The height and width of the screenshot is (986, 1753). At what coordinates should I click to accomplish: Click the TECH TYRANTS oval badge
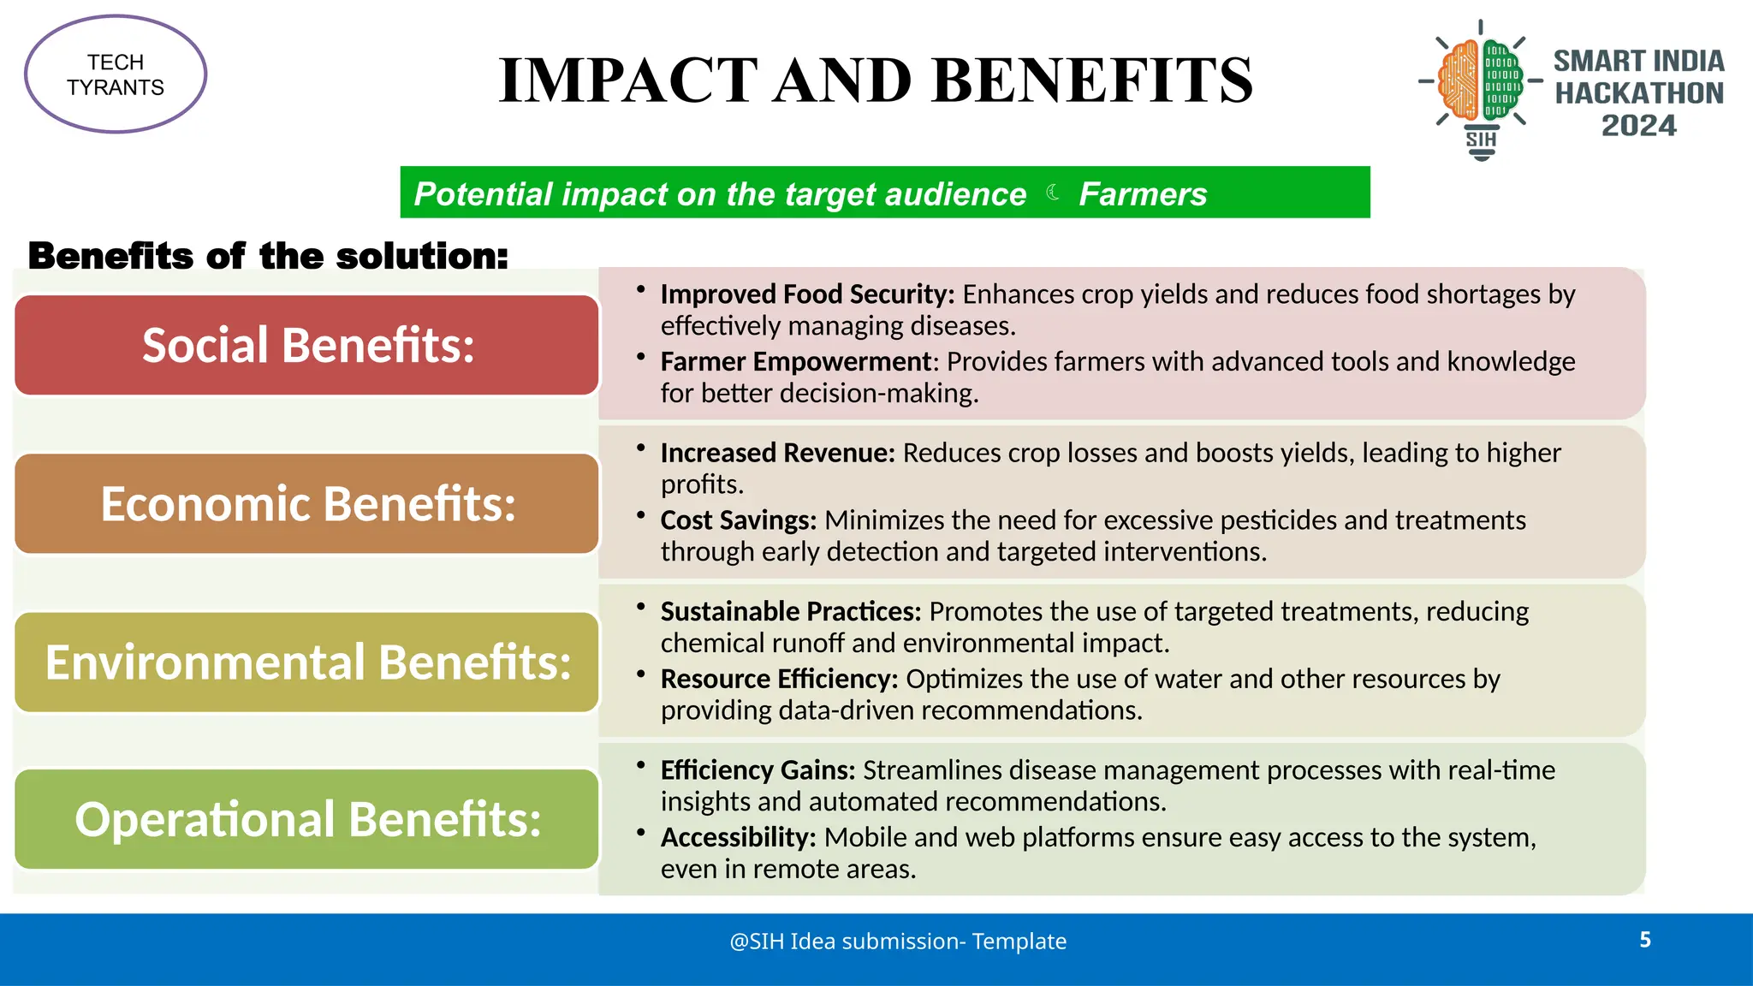pos(116,74)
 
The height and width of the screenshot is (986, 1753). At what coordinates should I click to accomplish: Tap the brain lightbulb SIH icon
pos(1480,86)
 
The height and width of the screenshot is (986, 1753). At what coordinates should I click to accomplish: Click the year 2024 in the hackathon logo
pos(1638,126)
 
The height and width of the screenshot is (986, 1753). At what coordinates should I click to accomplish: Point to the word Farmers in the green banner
pos(1142,194)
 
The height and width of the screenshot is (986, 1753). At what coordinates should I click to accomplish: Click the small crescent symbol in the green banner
pos(1053,193)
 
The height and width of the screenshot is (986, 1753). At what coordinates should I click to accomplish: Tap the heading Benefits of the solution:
pos(268,255)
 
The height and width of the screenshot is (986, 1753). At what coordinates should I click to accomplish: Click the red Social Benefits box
pos(306,345)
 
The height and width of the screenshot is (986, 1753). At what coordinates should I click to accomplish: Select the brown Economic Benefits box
pos(306,503)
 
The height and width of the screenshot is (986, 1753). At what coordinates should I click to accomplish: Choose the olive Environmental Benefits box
pos(306,662)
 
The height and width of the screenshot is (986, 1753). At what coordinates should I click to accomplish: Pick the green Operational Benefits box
pos(306,819)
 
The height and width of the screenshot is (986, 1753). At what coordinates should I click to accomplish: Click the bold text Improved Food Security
pos(806,294)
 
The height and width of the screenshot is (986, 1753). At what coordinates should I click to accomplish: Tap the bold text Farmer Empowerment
pos(795,361)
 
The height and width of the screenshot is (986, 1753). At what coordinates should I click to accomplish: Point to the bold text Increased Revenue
pos(777,453)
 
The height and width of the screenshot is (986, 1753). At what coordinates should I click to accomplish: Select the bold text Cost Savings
pos(738,520)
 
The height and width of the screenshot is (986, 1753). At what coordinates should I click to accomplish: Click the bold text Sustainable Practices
pos(790,611)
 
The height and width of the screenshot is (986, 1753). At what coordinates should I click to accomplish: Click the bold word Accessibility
pos(738,837)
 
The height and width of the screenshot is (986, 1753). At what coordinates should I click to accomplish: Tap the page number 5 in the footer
pos(1645,940)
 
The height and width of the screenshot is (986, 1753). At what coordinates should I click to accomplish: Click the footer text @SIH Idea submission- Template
pos(898,941)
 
